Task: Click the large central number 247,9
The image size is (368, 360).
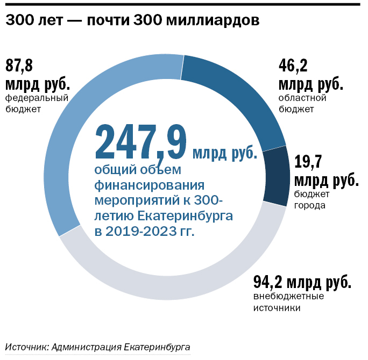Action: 141,143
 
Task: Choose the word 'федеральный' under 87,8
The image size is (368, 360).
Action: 37,98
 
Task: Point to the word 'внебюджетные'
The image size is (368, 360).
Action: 288,297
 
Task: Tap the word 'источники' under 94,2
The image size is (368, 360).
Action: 277,308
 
